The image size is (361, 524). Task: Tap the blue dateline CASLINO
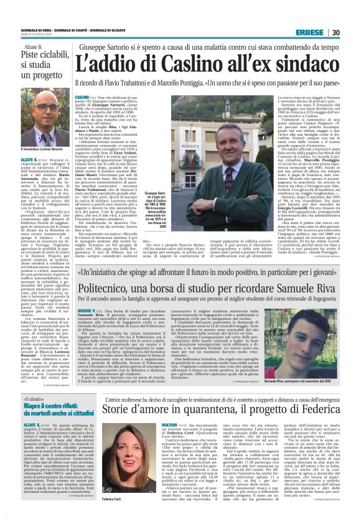[82, 98]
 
